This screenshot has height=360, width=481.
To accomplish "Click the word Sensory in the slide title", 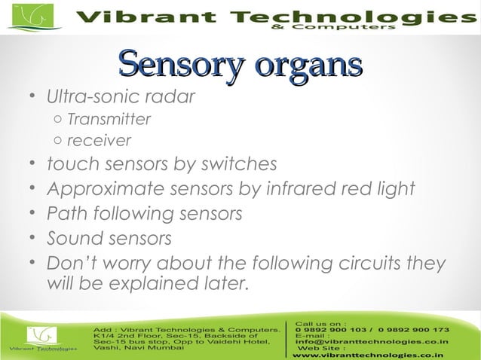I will (x=178, y=66).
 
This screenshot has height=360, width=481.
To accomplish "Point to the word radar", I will (x=170, y=98).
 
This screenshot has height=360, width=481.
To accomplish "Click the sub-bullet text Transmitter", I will (x=109, y=120).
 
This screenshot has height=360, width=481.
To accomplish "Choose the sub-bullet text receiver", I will (x=99, y=141).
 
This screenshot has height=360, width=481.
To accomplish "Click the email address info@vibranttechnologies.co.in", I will (x=372, y=342).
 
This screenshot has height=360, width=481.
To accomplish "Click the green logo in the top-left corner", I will (x=32, y=16).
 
